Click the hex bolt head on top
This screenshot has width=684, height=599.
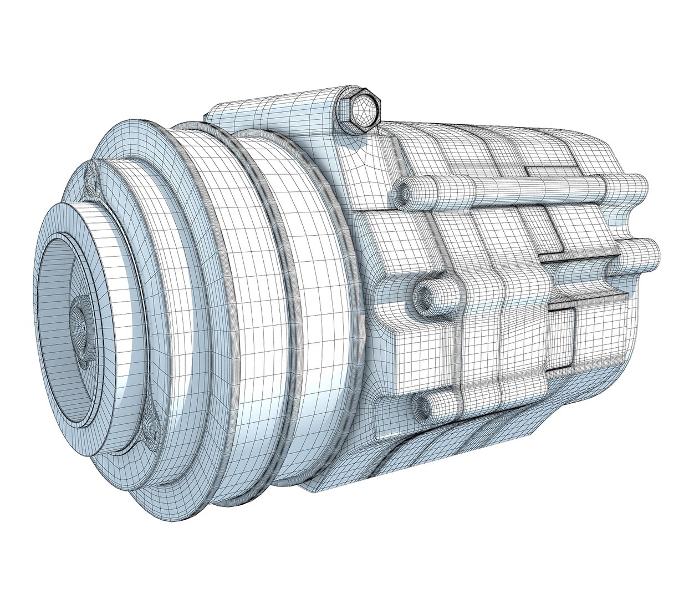pos(364,111)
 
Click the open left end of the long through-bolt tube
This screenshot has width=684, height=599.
pos(405,191)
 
